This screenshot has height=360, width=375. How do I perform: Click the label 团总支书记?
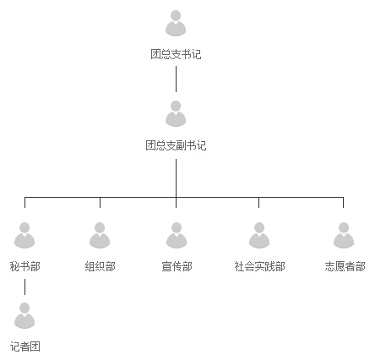coord(176,54)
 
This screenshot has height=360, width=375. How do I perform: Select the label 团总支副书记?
coord(176,145)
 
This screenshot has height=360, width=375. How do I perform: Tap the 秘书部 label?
coord(24,266)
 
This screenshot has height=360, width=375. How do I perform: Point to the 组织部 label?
coord(100,266)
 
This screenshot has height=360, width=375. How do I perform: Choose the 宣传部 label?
coord(177,266)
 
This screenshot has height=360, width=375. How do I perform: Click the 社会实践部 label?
coord(259,266)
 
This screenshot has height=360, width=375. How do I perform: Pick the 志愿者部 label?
coord(345,266)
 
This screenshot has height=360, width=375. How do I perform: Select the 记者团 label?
coord(24,346)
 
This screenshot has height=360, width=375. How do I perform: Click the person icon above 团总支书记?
coord(176,24)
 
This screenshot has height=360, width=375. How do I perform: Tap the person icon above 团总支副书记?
coord(176,114)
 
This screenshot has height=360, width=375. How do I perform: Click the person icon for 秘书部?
coord(24,236)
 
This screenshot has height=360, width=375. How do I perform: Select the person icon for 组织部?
coord(100,236)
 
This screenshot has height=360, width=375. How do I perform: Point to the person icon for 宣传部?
coord(177,236)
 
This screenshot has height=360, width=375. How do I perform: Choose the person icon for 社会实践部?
coord(259,236)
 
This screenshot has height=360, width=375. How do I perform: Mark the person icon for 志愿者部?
coord(344,236)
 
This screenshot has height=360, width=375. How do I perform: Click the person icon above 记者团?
coord(24,316)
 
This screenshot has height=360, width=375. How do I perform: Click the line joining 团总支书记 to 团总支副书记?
coord(176,79)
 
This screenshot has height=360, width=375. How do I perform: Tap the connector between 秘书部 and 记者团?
coord(24,287)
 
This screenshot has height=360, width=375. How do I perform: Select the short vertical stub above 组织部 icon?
coord(100,203)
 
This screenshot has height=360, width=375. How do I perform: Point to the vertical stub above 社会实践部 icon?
coord(258,203)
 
